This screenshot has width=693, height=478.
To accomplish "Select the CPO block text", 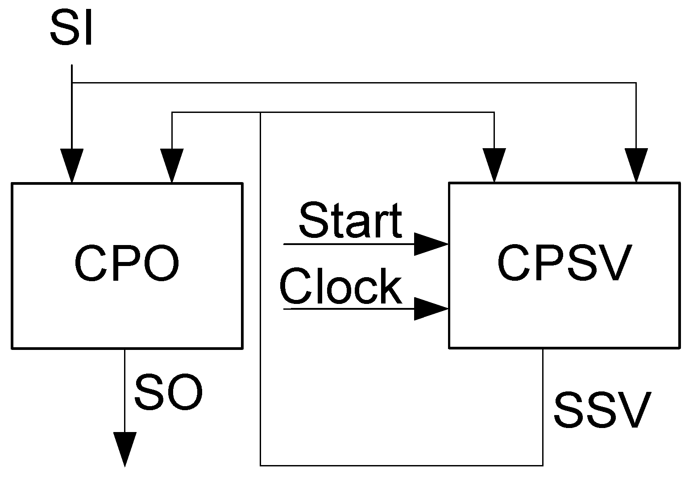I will point(127,264).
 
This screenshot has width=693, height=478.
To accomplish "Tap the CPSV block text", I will point(564,263).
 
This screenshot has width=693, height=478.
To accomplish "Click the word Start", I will point(350,220).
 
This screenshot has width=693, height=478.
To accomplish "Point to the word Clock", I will point(341,287).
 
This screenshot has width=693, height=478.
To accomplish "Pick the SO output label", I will point(169,393).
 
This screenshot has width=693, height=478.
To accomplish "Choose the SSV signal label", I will point(601,410).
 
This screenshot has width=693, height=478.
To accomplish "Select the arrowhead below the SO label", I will point(124,448).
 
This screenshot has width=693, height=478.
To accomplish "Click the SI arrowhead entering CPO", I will point(71,165).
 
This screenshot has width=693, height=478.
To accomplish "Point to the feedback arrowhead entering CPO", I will point(172,165).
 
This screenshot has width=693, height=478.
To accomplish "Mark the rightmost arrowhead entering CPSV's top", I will point(636,165).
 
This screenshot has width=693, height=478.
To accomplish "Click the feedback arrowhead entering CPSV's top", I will point(494,165).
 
